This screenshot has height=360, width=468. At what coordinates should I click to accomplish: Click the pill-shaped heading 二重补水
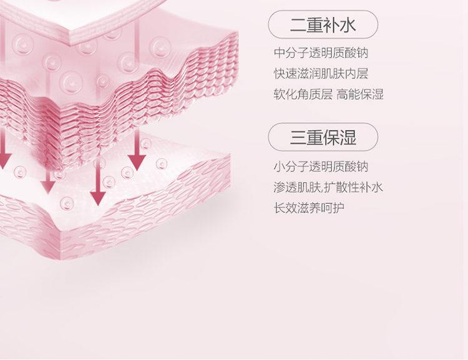pos(323,25)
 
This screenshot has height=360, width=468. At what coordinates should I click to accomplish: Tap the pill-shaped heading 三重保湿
pos(323,137)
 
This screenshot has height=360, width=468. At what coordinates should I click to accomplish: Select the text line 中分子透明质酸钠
pos(321,53)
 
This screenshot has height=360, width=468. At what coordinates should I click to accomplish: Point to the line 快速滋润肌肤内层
pos(321,74)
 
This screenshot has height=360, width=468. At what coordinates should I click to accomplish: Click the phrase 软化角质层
pos(303,95)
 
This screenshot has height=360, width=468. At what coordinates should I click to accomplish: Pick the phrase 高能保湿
pos(360,95)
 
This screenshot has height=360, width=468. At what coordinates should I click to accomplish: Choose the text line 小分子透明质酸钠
pos(321,167)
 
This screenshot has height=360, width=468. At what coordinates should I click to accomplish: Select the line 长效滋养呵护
pos(308,208)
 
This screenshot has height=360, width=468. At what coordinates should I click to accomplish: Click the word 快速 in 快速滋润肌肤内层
pos(285,74)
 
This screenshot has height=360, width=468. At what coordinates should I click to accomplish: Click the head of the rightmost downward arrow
pos(137,163)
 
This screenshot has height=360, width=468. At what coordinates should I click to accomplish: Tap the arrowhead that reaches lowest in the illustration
pos(97,198)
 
